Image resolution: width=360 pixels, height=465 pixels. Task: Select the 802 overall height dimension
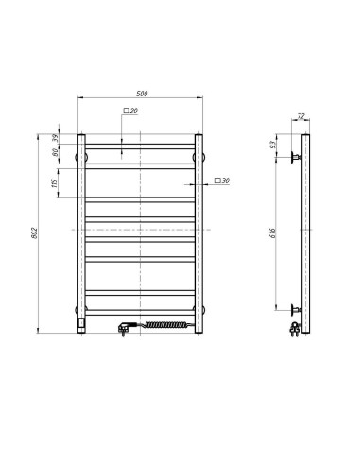[x=34, y=234]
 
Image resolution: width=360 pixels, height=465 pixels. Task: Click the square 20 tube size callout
[x=129, y=112]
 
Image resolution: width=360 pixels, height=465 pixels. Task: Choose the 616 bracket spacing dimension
[x=274, y=231]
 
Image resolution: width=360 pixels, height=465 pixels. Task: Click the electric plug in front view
[x=123, y=327]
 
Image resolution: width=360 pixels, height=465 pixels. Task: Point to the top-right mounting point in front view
[x=198, y=155]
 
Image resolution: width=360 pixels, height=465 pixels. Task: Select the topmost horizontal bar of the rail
[x=141, y=145]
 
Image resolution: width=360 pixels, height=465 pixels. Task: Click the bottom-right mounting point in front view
[x=198, y=309]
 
